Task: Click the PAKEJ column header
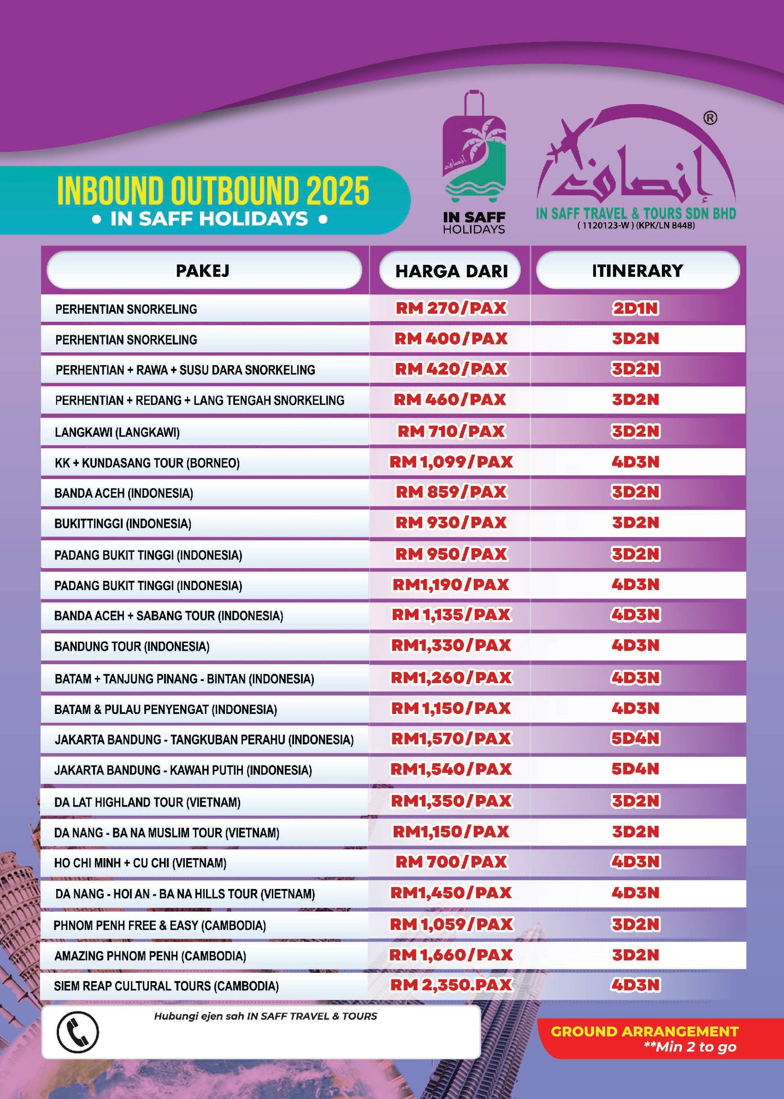(x=203, y=271)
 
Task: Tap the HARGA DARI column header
(x=451, y=271)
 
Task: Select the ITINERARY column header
(x=637, y=271)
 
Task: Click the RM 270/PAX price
(x=451, y=308)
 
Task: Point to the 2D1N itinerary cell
(x=635, y=308)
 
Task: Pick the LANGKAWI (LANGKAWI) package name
(x=118, y=432)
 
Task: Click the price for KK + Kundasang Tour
(x=451, y=462)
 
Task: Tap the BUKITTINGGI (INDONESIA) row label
(x=123, y=524)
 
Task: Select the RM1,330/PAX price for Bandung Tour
(x=451, y=645)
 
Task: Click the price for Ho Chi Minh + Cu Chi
(x=451, y=862)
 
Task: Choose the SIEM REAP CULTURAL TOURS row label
(x=166, y=986)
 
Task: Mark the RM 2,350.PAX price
(x=451, y=985)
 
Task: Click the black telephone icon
(x=77, y=1032)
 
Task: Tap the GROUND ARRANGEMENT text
(x=644, y=1031)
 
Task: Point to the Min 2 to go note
(x=690, y=1046)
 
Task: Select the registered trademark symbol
(x=710, y=118)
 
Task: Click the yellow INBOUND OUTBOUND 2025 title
(x=213, y=191)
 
